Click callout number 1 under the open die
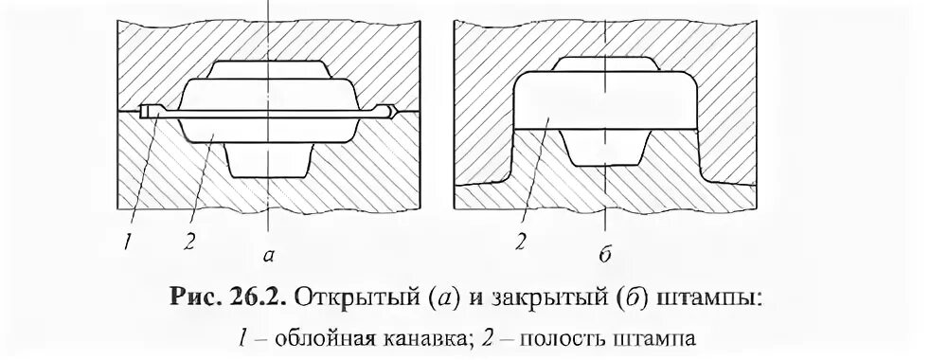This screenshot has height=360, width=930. tap(125, 241)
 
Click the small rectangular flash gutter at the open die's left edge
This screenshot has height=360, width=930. tap(144, 112)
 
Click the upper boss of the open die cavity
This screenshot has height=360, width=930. tap(270, 72)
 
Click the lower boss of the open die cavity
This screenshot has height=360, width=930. tap(270, 157)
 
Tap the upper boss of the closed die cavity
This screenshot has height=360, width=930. tap(605, 66)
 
